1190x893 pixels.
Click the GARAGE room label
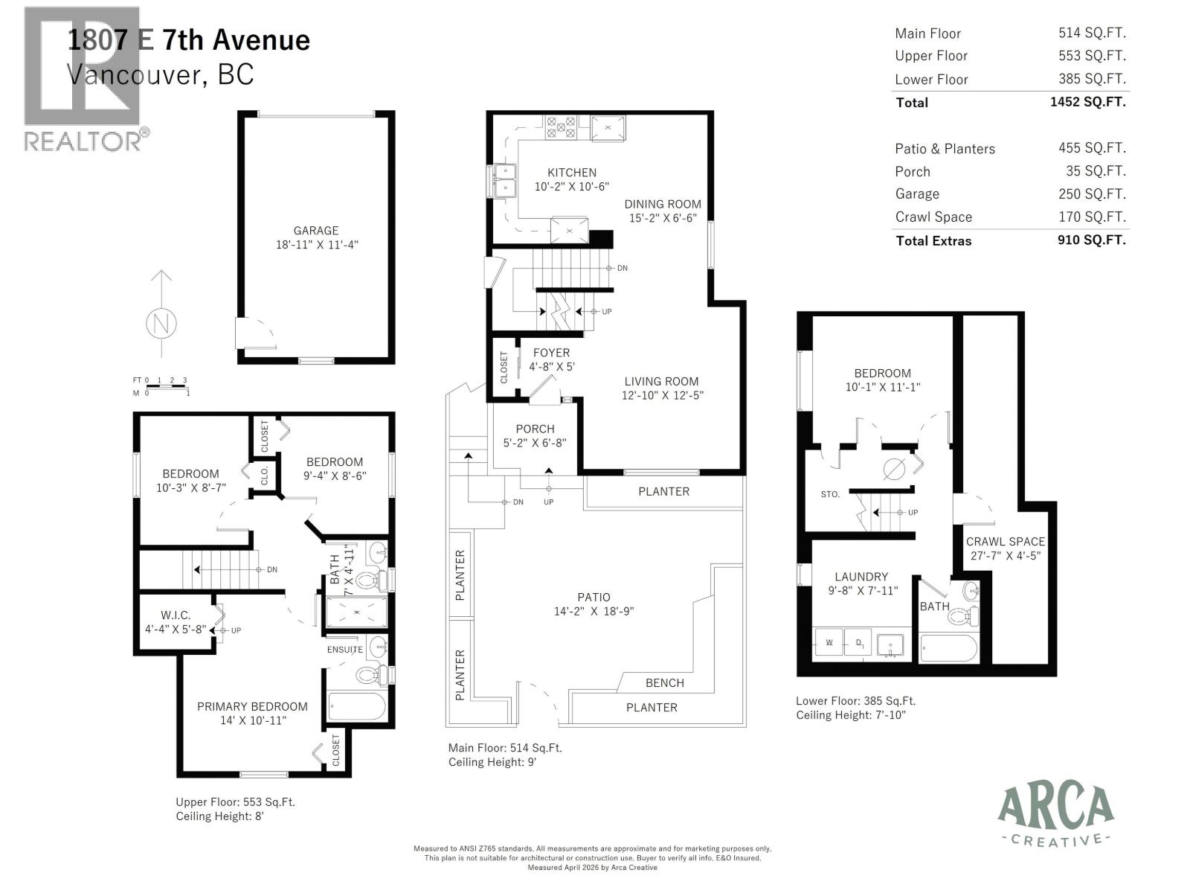[x=315, y=231]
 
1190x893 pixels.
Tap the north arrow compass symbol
[x=161, y=323]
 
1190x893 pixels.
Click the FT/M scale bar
[x=167, y=386]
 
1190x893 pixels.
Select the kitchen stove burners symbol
[x=561, y=127]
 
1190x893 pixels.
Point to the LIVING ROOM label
[x=661, y=381]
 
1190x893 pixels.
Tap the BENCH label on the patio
[x=664, y=682]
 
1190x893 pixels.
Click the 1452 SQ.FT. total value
[x=1087, y=102]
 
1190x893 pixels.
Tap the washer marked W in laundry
[x=829, y=641]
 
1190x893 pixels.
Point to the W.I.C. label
[x=176, y=615]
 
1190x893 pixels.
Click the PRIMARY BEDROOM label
[x=252, y=706]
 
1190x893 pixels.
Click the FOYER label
[x=551, y=353]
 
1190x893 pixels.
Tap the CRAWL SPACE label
[x=1005, y=542]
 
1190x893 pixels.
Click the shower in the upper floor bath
[x=357, y=612]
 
